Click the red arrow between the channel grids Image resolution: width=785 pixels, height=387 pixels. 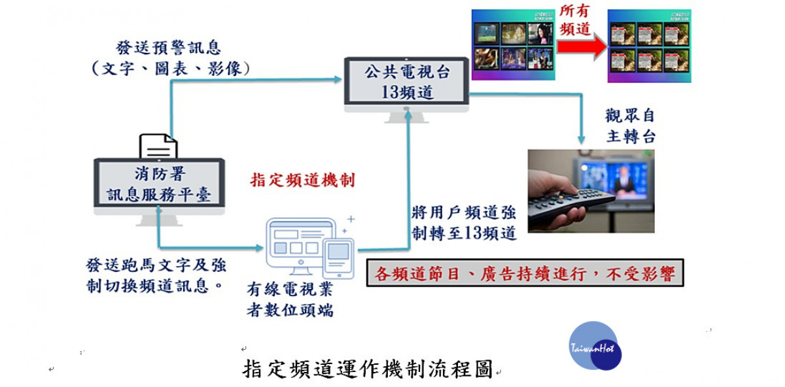point(582,47)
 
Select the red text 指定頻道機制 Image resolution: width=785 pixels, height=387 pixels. point(302,180)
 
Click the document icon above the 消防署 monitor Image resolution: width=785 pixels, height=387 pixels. point(158,146)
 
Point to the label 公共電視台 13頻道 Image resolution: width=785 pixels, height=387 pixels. point(407,82)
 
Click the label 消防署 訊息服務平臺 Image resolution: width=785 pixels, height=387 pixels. point(159,184)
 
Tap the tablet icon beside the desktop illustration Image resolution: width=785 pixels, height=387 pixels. point(338,258)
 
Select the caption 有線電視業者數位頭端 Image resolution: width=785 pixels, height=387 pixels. point(290,300)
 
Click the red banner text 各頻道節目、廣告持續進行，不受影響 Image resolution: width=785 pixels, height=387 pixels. point(525,273)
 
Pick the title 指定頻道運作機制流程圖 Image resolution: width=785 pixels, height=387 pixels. point(368,369)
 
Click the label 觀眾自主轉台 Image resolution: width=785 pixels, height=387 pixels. point(630,126)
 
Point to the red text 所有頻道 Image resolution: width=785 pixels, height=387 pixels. point(575,20)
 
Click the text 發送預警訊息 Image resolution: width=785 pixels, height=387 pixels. point(168,48)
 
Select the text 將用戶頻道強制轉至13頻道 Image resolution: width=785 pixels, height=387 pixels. point(464,223)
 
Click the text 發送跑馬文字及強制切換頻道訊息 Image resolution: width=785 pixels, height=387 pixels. point(156,276)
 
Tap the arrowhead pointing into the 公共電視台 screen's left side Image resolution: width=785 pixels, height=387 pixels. point(338,80)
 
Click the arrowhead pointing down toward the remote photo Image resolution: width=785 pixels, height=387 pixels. point(582,140)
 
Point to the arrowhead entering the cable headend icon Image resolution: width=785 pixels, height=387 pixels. point(260,248)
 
